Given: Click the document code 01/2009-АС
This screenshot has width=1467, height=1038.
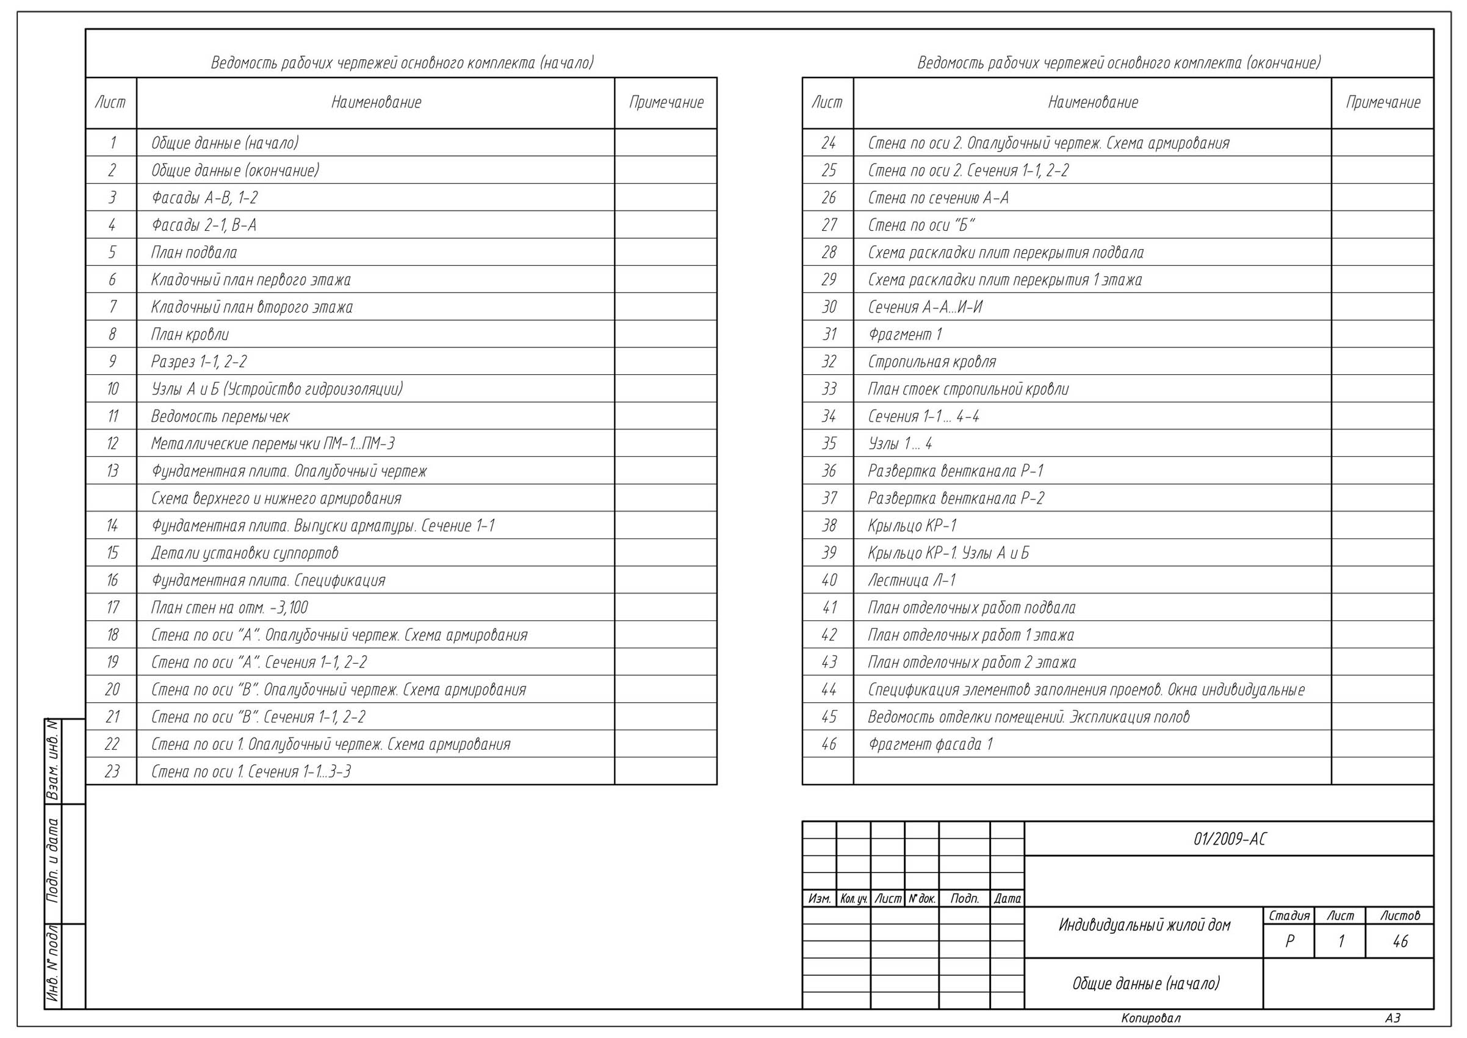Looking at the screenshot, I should [x=1230, y=839].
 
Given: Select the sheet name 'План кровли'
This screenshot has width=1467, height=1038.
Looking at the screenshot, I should [x=190, y=334].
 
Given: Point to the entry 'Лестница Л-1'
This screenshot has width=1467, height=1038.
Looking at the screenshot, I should [x=911, y=580].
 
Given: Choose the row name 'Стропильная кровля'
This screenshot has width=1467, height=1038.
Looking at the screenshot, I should [x=932, y=361].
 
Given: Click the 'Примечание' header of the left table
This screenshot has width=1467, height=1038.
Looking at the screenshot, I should [x=666, y=102].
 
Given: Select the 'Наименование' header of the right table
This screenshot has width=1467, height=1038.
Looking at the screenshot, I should [x=1092, y=102].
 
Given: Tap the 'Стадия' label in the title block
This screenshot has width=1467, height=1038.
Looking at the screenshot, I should [x=1289, y=915].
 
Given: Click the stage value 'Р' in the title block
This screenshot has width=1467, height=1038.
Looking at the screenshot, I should [x=1289, y=942].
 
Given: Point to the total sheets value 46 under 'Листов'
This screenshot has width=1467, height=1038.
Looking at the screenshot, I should [x=1400, y=942].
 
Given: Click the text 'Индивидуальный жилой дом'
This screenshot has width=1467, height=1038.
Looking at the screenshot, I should [x=1144, y=925].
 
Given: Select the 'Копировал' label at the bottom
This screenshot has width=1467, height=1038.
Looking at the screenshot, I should [x=1151, y=1018].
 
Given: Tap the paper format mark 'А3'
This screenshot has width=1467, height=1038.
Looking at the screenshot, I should [x=1393, y=1018].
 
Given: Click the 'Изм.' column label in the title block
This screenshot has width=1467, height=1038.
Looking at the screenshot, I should [x=819, y=899].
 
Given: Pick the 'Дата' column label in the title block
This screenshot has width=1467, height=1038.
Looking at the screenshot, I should [x=1007, y=899].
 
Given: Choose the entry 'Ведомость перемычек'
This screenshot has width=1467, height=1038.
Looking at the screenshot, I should [x=220, y=417].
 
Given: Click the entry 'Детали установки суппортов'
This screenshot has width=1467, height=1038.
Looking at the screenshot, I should [x=245, y=553].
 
